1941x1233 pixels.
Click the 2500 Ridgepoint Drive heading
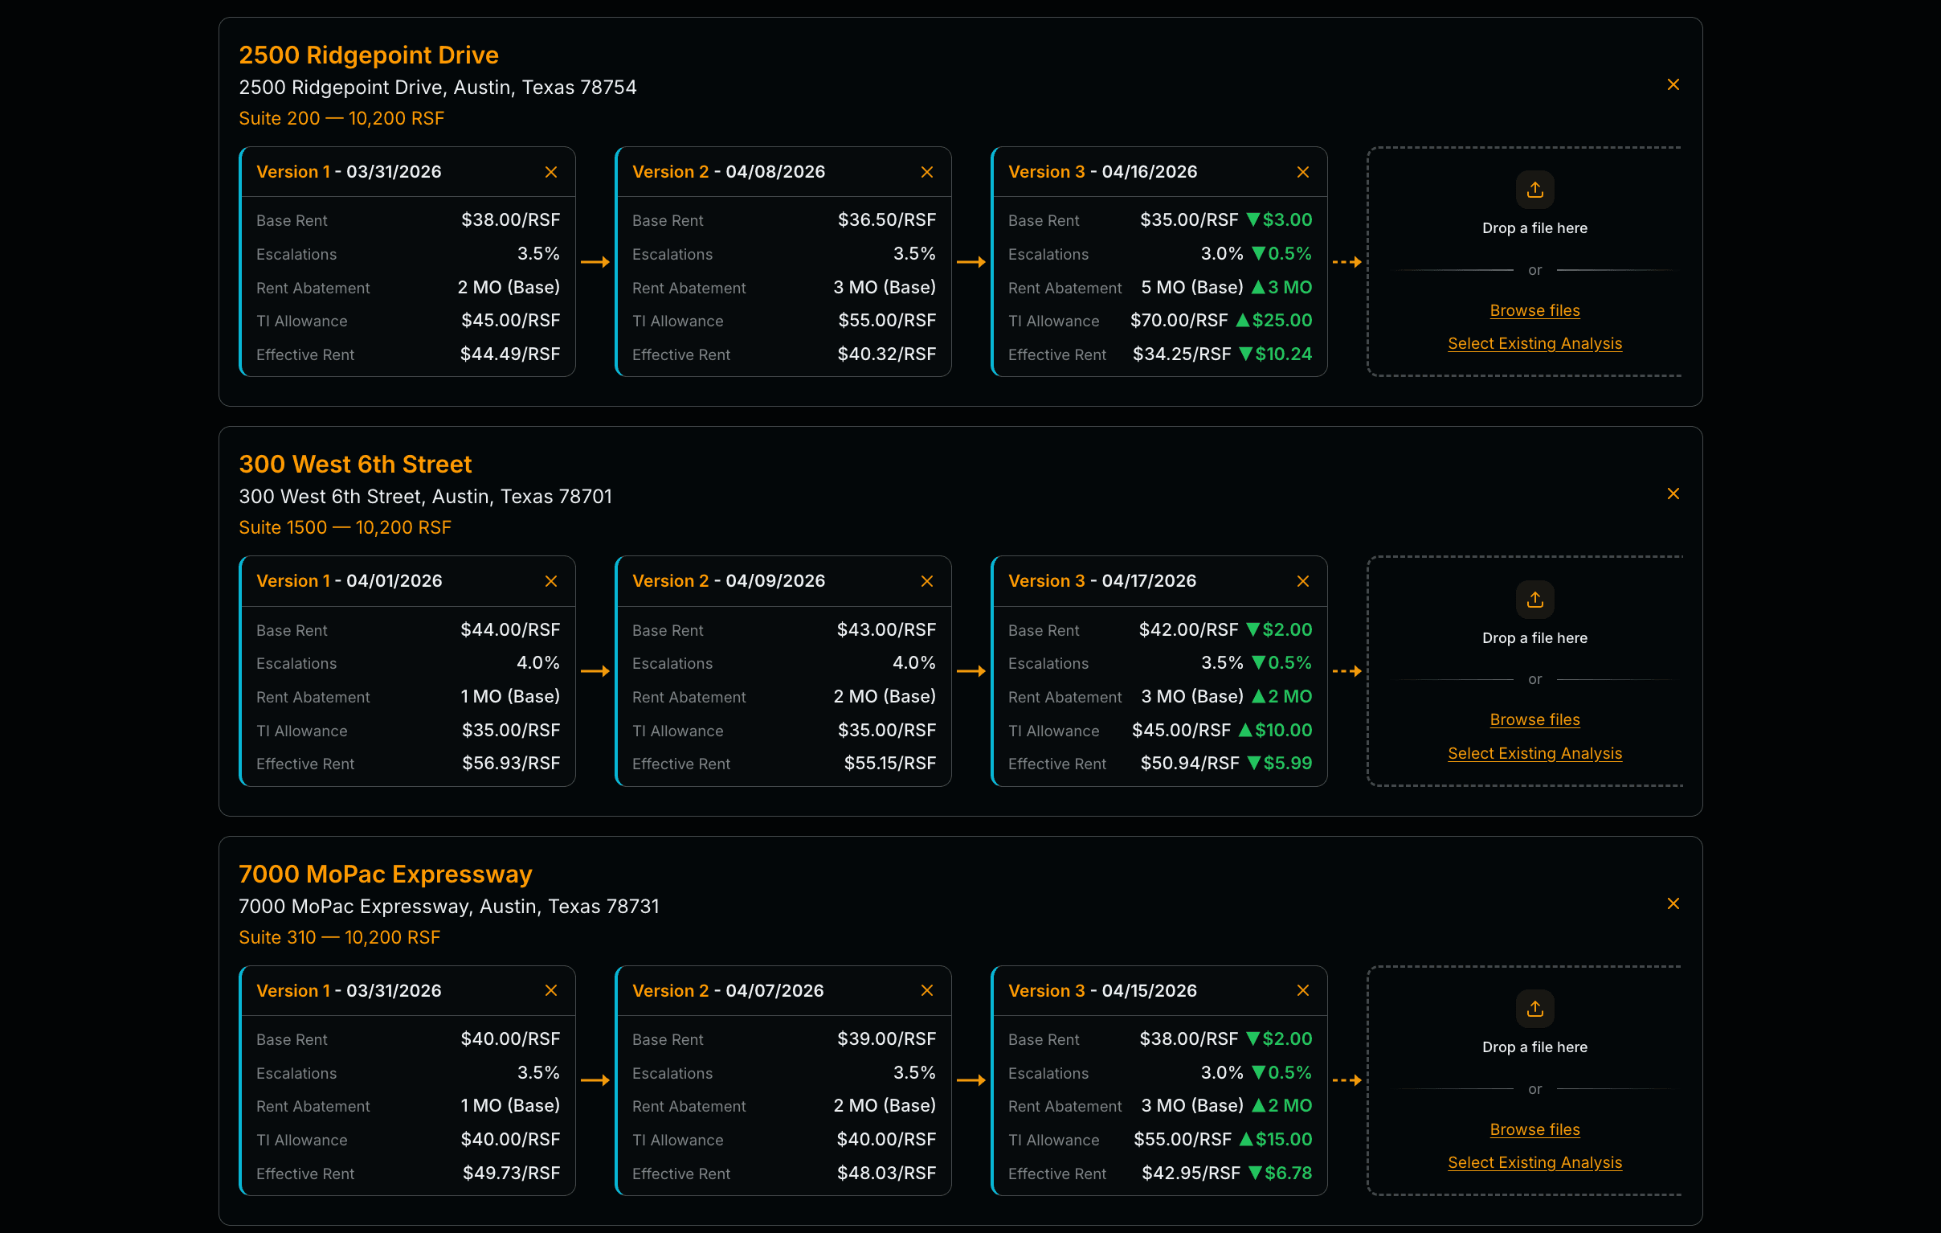369,55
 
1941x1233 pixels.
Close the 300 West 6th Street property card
1673,494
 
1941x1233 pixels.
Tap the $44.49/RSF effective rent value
509,354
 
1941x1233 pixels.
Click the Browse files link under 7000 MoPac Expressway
1534,1129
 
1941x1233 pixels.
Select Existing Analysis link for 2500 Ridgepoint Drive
1534,343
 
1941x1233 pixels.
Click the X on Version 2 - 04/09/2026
926,581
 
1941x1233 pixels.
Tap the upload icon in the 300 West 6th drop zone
1534,599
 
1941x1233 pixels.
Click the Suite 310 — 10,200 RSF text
339,937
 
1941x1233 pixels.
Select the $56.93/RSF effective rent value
510,763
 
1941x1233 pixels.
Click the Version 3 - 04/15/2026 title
1102,990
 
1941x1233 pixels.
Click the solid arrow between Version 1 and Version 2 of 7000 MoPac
595,1079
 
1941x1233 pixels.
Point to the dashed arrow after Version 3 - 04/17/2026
1346,671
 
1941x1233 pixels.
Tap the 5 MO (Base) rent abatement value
1191,287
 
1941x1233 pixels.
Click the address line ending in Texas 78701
425,496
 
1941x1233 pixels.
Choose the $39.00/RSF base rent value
886,1038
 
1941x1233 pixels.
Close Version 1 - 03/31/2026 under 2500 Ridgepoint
550,172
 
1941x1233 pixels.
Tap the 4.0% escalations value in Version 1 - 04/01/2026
537,663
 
